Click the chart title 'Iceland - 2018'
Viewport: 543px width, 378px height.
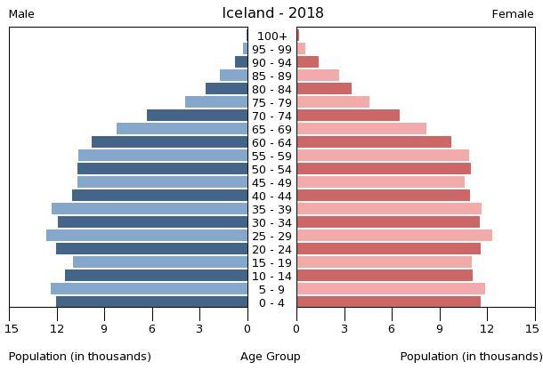(272, 13)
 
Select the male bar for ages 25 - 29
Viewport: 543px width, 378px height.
(147, 236)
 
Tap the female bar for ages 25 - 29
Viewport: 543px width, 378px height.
(394, 236)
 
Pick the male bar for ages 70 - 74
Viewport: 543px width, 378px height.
(197, 116)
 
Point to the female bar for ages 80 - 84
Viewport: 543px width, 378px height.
(324, 89)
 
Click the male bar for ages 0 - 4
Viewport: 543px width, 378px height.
(151, 302)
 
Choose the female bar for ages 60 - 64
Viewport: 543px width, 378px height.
(374, 142)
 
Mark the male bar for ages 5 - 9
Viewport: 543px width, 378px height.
(149, 289)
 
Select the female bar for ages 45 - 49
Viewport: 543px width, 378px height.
(381, 182)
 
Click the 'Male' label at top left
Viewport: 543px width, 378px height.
(21, 14)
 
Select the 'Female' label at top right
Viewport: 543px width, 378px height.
(513, 14)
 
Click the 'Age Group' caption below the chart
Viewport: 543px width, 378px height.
(271, 357)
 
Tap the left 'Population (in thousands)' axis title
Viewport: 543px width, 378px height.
(80, 357)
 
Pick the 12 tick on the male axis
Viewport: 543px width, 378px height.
(57, 329)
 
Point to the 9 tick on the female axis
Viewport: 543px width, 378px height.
(440, 329)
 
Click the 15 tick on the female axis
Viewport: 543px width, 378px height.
(532, 329)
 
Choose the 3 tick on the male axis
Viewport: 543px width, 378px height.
(200, 329)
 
